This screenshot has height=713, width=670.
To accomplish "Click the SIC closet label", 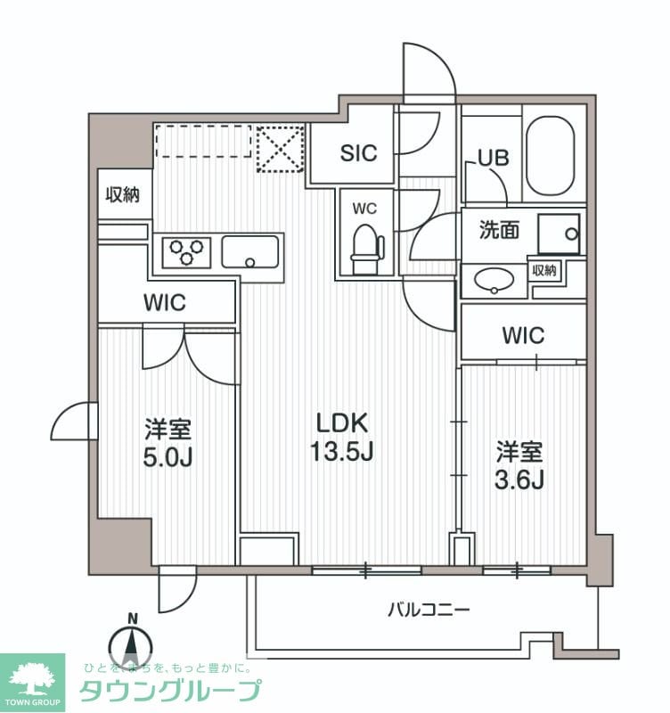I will pos(358,152).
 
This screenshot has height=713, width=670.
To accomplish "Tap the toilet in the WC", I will pos(365,248).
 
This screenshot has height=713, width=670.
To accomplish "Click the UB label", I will pos(493,159).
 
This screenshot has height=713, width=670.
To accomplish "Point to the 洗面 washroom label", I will pos(501,231).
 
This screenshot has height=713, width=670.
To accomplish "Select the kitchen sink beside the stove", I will pos(251,251).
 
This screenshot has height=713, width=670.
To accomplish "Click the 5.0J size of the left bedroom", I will pos(169,457).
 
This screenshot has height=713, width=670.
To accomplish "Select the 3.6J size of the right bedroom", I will pos(519,479).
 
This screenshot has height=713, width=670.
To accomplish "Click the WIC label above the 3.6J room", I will pos(523,335).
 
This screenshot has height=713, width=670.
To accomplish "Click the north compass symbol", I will pos(132,643).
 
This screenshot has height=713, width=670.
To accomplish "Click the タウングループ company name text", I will pos(171,691).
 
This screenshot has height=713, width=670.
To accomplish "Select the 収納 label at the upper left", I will pos(123,195).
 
